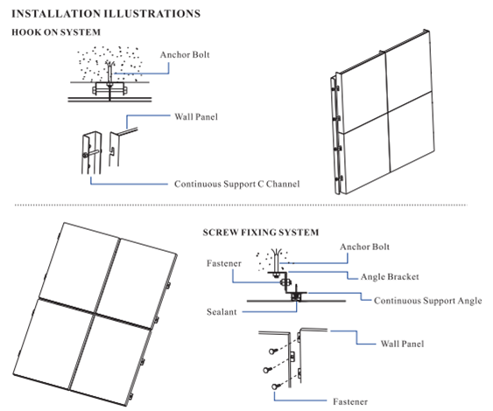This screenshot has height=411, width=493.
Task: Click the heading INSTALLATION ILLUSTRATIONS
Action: click(106, 14)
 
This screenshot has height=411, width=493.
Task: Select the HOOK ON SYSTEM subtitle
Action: click(56, 32)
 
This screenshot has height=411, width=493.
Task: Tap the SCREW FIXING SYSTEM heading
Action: click(261, 233)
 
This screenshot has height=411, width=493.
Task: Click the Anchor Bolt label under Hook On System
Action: click(185, 54)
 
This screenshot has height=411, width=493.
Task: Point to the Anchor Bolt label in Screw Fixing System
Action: click(365, 247)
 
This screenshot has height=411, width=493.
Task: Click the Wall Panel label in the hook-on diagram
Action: click(196, 117)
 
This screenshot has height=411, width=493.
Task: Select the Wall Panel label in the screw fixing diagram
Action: click(402, 344)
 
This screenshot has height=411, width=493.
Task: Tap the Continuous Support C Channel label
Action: click(237, 184)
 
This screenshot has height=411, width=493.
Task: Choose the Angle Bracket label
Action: click(390, 277)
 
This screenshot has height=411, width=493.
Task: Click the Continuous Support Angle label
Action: click(428, 301)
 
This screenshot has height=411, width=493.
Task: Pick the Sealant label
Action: click(222, 312)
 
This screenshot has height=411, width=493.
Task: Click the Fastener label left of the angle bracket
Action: click(224, 263)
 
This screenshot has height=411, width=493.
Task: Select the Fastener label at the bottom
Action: click(350, 401)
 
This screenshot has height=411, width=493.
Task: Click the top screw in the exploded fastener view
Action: click(273, 351)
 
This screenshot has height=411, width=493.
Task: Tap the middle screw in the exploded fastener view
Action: click(268, 370)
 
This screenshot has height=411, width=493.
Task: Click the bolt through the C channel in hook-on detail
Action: click(91, 154)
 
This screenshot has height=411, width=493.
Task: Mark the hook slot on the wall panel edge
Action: click(112, 150)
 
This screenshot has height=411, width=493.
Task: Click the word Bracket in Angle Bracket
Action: click(404, 277)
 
